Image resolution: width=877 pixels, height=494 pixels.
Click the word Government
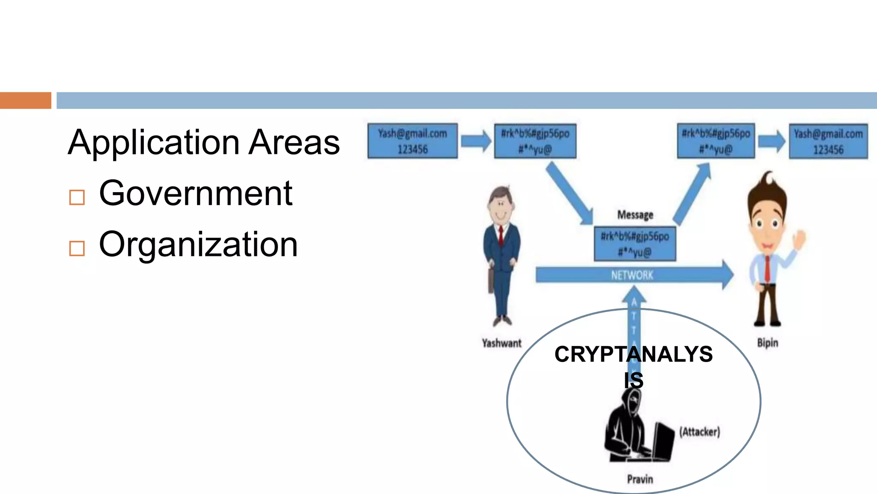[196, 194]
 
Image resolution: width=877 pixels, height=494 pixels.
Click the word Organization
[198, 244]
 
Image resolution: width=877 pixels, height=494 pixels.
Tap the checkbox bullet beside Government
[77, 198]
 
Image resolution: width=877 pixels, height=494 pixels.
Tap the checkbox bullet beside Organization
[77, 248]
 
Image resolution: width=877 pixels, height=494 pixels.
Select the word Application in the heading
[154, 143]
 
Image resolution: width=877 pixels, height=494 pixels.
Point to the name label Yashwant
[501, 343]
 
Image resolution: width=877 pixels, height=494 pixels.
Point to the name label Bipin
[767, 343]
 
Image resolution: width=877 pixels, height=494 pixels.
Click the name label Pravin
[640, 479]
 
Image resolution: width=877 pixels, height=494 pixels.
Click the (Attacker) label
[700, 432]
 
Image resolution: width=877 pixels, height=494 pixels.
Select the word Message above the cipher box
[635, 215]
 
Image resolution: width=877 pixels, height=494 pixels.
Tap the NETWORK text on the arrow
[632, 275]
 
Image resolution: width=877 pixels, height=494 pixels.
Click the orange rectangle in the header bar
[25, 100]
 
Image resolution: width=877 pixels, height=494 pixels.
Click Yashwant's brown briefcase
[491, 281]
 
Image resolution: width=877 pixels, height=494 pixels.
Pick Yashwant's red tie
[500, 235]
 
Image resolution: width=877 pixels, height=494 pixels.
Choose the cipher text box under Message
[635, 244]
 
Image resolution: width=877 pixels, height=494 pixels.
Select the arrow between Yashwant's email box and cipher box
[476, 141]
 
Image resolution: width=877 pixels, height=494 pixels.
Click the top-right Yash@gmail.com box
[828, 142]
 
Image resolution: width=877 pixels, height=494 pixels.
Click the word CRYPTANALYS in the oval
[633, 355]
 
